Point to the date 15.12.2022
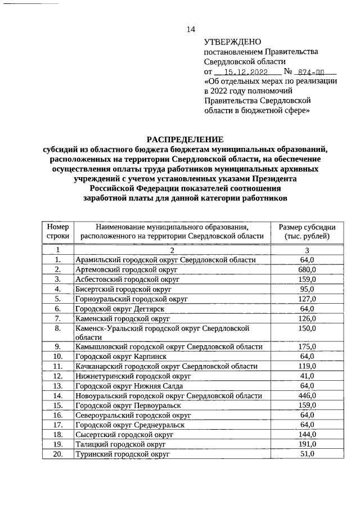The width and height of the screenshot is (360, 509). coord(246,72)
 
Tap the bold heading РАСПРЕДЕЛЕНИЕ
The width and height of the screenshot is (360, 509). coord(185,139)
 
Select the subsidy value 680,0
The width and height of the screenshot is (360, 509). coord(307,269)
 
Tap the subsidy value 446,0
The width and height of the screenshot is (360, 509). coord(307,395)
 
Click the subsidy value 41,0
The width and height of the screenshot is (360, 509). coord(307,376)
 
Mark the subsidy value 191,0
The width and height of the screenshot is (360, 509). coord(307,444)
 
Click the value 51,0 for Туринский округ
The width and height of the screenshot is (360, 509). coord(307,454)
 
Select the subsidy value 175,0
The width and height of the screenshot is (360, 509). coord(307,346)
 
